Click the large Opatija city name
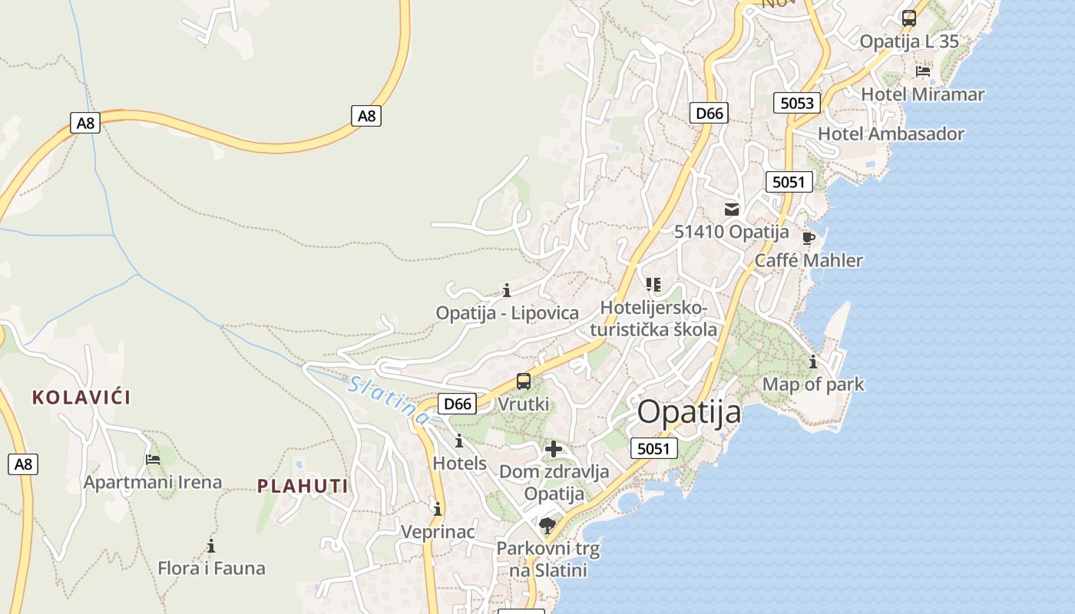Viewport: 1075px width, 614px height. coord(689,412)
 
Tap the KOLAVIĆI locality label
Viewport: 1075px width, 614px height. coord(81,398)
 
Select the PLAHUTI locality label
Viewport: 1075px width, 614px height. coord(303,486)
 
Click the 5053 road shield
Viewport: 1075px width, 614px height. coord(796,103)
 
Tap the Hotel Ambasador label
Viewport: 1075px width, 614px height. coord(891,134)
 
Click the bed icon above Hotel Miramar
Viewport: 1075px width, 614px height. coord(923,71)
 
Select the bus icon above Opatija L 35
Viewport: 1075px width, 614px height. coord(909,18)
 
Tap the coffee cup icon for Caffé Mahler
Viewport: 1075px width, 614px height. coord(808,237)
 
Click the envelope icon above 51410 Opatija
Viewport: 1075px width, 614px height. coord(731,209)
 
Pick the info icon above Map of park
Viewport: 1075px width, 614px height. coord(813,361)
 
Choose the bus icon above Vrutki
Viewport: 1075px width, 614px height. coord(523,381)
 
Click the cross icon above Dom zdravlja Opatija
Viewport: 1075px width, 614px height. coord(554,449)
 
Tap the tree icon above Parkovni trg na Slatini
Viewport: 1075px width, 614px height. coord(547,526)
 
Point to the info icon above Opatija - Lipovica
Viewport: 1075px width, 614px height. coord(507,290)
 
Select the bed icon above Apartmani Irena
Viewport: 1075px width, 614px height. coord(153,460)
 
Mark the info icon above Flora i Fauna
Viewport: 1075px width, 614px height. coord(211,546)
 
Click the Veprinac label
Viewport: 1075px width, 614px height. coord(438,531)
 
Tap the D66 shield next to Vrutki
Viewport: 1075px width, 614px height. coord(458,404)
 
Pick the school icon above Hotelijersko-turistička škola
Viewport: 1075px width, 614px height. coord(653,285)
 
